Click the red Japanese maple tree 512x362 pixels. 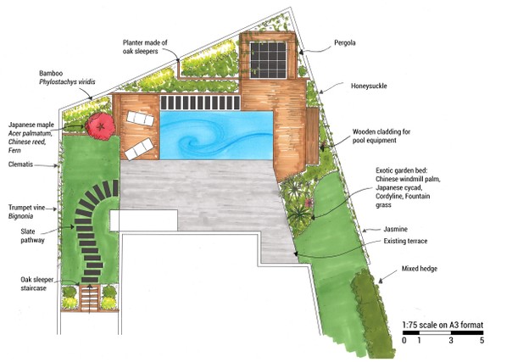pyautogui.click(x=100, y=126)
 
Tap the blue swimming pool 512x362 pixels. pyautogui.click(x=216, y=135)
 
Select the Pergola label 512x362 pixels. pyautogui.click(x=344, y=42)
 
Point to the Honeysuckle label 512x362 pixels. pyautogui.click(x=369, y=86)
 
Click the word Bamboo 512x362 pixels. pyautogui.click(x=51, y=73)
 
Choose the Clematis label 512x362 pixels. pyautogui.click(x=20, y=164)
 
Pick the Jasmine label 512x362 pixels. pyautogui.click(x=395, y=229)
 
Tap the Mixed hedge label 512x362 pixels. pyautogui.click(x=420, y=269)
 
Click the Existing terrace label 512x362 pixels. pyautogui.click(x=405, y=241)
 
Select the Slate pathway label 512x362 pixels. pyautogui.click(x=32, y=236)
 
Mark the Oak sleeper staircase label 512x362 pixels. pyautogui.click(x=37, y=284)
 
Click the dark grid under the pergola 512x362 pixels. pyautogui.click(x=268, y=60)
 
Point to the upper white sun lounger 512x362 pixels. pyautogui.click(x=140, y=119)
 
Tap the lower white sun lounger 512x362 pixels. pyautogui.click(x=139, y=149)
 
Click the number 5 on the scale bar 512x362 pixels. pyautogui.click(x=481, y=341)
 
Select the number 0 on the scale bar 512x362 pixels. pyautogui.click(x=404, y=341)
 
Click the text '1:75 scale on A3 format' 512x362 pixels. pyautogui.click(x=442, y=325)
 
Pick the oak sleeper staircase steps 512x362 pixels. pyautogui.click(x=90, y=298)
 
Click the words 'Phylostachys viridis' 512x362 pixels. pyautogui.click(x=67, y=81)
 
